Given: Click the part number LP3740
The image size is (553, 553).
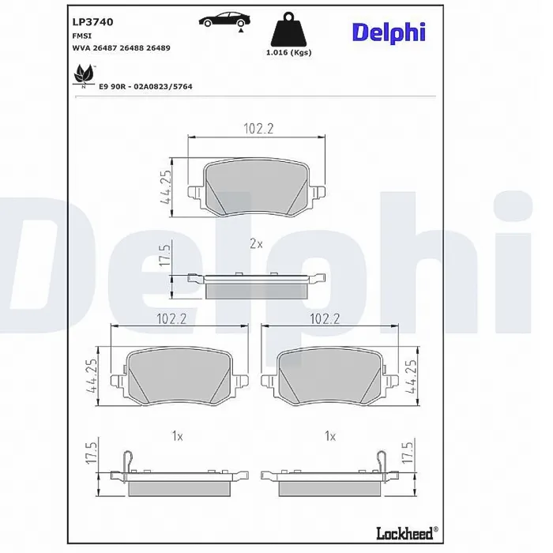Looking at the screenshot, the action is (92, 22).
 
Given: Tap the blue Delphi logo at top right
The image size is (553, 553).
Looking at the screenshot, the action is (389, 32).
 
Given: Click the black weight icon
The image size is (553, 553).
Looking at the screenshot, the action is (288, 28).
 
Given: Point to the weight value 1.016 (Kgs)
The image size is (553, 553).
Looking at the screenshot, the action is (288, 53).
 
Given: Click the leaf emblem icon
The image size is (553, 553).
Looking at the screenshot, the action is (84, 76).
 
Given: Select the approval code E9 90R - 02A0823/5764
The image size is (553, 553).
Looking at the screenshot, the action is (145, 86).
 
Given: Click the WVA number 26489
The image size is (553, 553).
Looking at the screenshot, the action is (158, 48).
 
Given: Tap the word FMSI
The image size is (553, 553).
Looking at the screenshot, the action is (82, 36).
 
